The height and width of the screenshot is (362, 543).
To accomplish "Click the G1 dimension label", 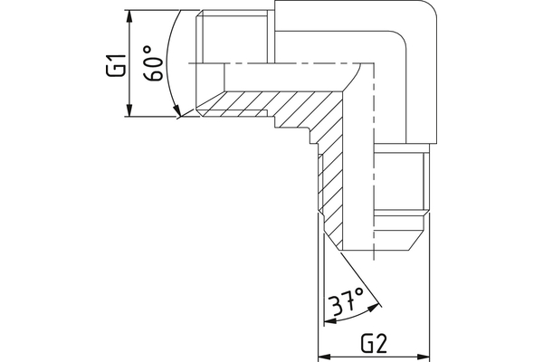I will point(114,66).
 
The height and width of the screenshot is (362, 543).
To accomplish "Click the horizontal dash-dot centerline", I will point(271,62).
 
